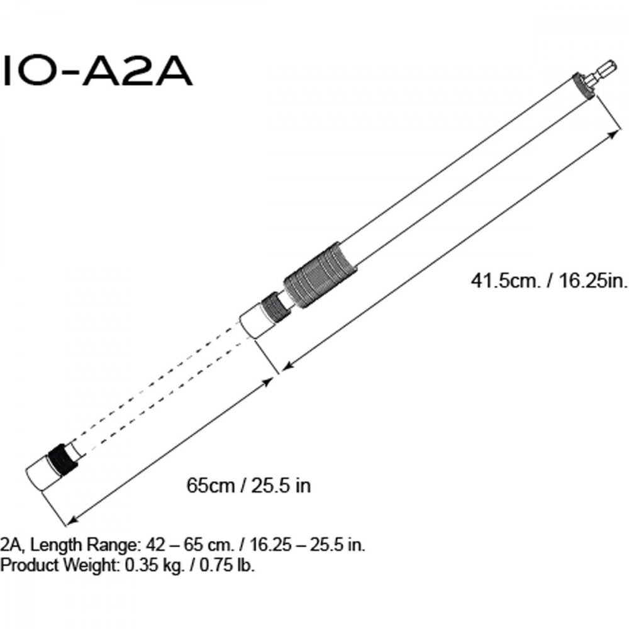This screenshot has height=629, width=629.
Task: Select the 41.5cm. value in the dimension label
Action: coord(505,280)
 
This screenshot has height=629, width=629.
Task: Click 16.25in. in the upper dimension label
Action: coord(587,280)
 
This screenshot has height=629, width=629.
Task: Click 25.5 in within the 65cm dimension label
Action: coord(281,486)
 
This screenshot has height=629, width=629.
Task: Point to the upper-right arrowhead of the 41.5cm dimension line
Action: coord(613,133)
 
